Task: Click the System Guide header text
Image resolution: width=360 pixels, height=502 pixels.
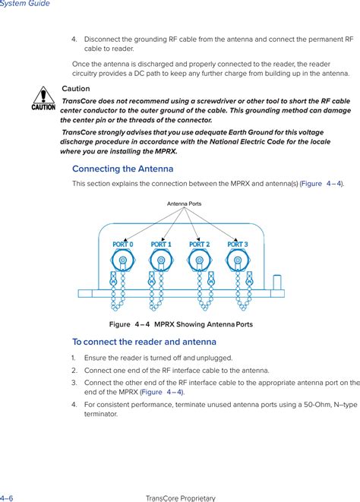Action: [x=25, y=4]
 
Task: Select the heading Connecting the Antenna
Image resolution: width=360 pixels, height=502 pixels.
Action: [x=122, y=169]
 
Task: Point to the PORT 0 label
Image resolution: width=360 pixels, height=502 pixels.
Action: [x=122, y=245]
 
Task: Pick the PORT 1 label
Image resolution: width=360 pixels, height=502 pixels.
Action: [x=161, y=245]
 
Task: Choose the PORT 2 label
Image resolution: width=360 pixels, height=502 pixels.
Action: [x=200, y=245]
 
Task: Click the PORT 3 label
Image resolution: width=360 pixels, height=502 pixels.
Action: [x=238, y=245]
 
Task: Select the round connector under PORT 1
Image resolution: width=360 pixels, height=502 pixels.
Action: [x=160, y=262]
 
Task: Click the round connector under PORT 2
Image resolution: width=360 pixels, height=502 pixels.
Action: [x=199, y=262]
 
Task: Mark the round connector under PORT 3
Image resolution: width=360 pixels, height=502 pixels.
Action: [x=238, y=262]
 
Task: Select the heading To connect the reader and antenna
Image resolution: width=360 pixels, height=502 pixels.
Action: [x=144, y=342]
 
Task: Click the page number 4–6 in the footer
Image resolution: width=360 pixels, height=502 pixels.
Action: [x=7, y=497]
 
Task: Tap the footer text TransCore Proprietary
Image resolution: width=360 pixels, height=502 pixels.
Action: [x=180, y=497]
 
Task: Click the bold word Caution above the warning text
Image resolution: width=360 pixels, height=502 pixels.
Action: [x=75, y=89]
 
